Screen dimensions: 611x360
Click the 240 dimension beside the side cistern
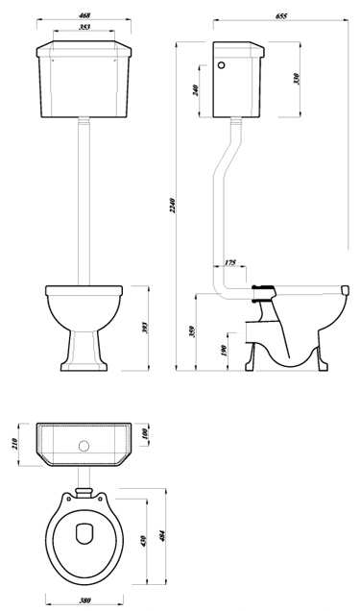pos(195,89)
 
